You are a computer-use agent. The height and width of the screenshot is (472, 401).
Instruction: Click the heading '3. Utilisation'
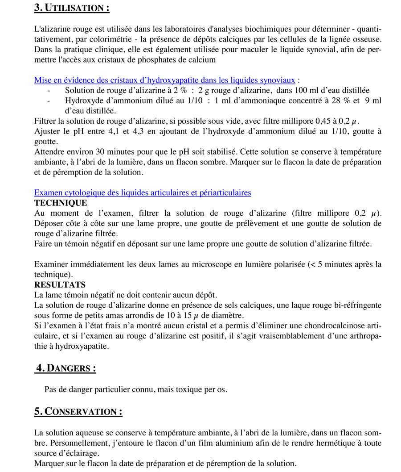72,8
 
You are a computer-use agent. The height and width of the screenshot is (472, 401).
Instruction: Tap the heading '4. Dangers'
65,368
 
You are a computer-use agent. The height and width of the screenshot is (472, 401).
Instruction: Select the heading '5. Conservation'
78,411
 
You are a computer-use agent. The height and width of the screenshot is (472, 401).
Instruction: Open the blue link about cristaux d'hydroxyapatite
164,80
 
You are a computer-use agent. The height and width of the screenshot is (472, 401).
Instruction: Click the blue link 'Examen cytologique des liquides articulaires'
143,193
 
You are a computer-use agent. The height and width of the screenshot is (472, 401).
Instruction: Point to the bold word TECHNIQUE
61,203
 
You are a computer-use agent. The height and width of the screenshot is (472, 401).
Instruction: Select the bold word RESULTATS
60,285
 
